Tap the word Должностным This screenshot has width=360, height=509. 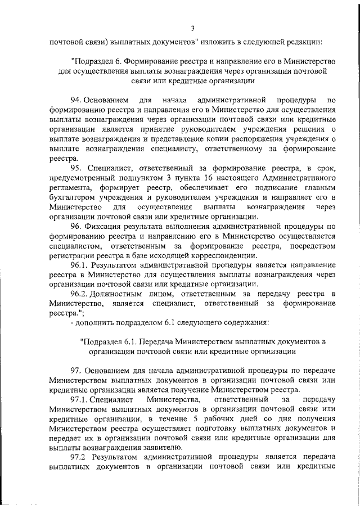pyautogui.click(x=122, y=295)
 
